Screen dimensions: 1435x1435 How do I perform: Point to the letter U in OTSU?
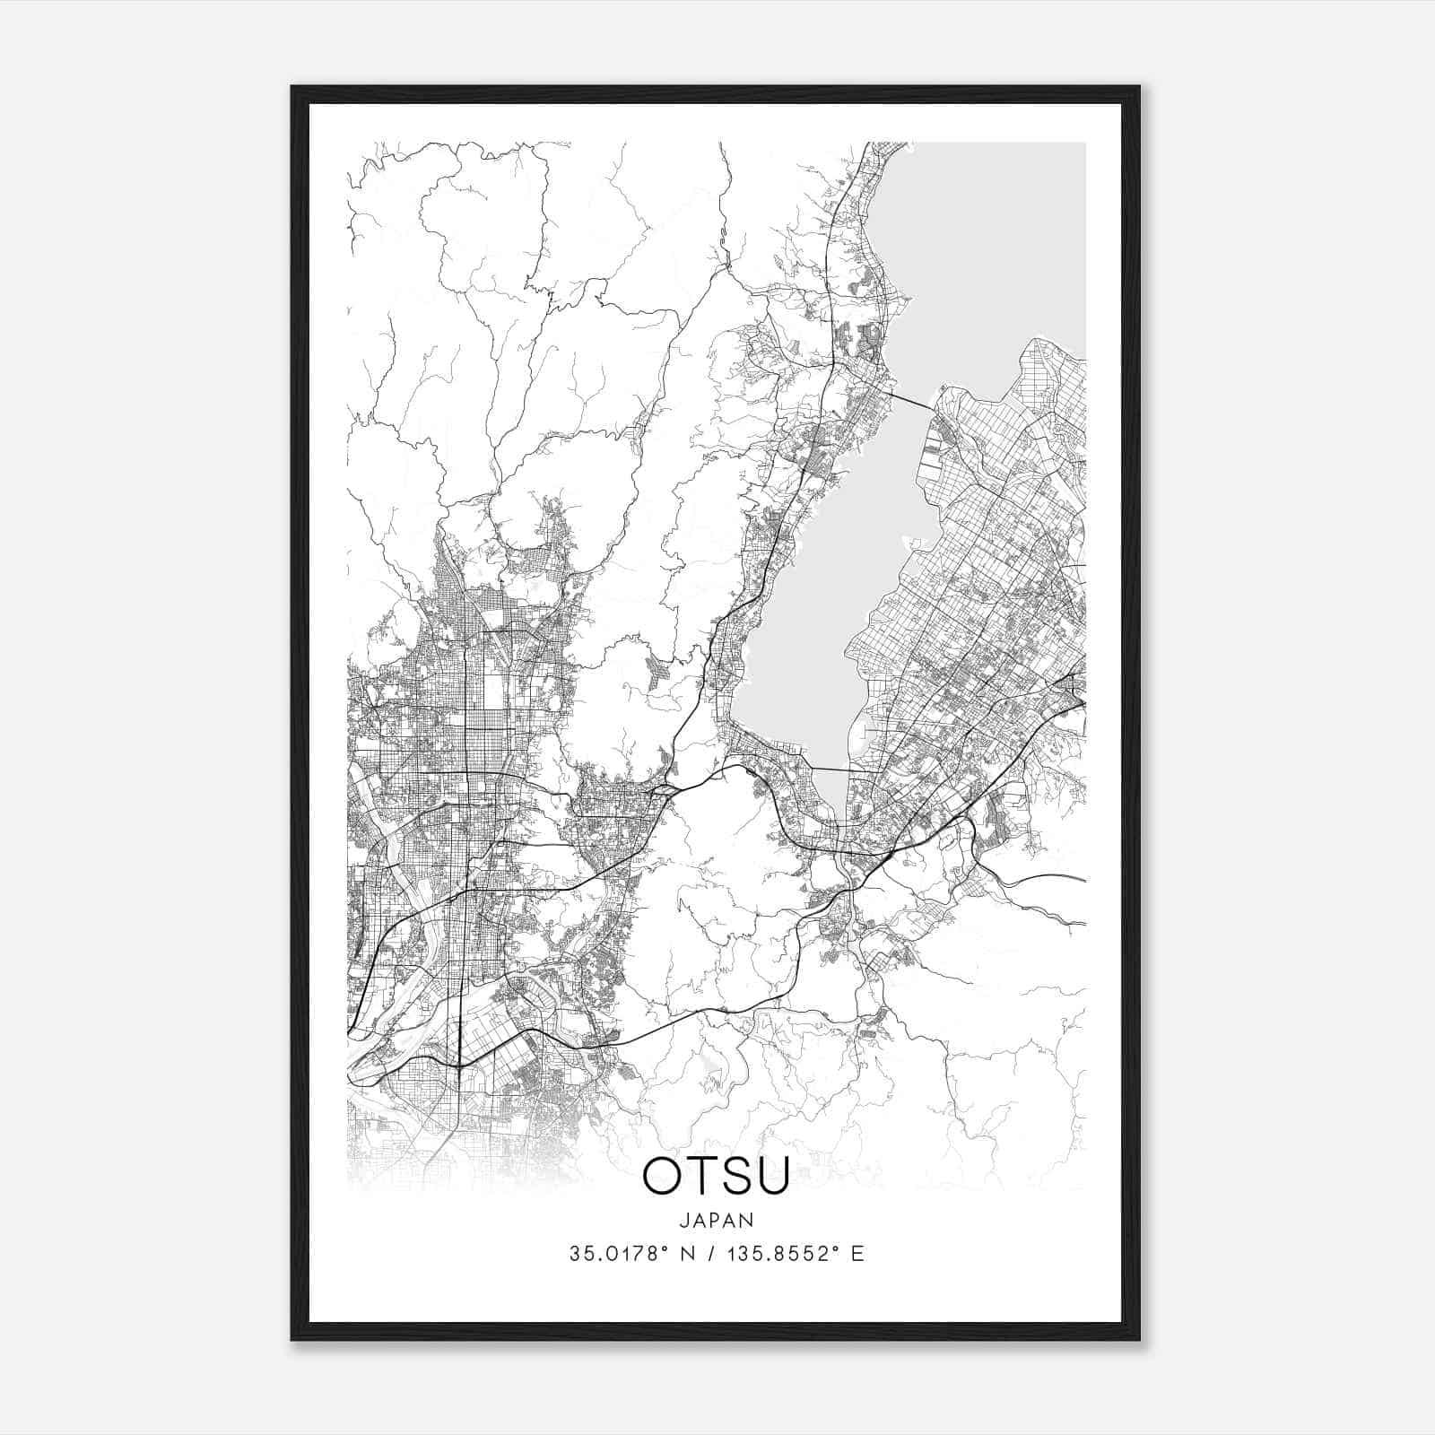pos(774,1176)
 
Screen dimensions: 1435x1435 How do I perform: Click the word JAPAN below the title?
pos(716,1220)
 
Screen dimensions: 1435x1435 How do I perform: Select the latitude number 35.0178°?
pos(613,1254)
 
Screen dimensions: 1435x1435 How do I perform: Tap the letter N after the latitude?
pos(687,1254)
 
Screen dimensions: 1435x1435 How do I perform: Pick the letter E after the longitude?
pos(857,1254)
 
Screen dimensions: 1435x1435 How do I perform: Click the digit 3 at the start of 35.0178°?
pos(574,1254)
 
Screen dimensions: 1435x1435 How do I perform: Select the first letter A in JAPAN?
pos(700,1220)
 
